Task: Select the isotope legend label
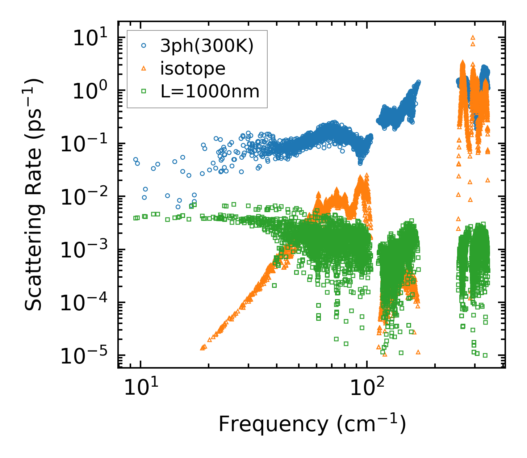193,68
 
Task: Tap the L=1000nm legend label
210,92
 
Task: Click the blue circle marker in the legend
144,46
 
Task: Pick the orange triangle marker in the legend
144,69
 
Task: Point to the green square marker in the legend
144,92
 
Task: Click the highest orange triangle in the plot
473,37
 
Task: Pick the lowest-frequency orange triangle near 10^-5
202,348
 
